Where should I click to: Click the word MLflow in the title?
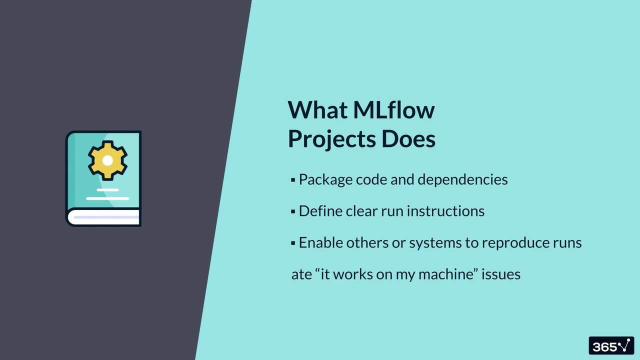pos(393,110)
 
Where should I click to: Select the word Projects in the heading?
pos(331,139)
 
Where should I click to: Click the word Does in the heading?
pos(408,139)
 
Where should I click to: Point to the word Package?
pos(325,180)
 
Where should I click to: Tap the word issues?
pos(501,274)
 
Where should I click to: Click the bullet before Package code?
pos(293,180)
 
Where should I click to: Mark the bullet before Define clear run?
pos(293,211)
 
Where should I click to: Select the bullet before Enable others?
pos(293,243)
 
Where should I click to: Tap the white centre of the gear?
pos(107,160)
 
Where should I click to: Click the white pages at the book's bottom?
pos(104,217)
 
